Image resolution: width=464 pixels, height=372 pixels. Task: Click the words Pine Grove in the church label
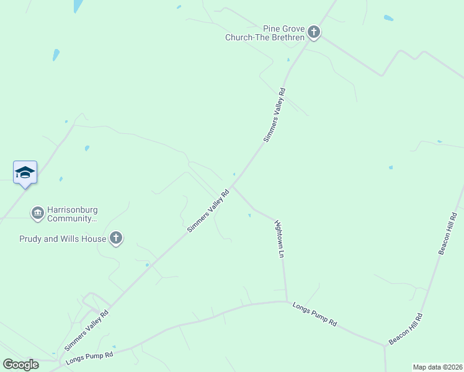[x=284, y=29]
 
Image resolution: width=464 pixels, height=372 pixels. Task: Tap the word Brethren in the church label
[x=287, y=37]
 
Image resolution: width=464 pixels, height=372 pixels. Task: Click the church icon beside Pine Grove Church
[x=314, y=32]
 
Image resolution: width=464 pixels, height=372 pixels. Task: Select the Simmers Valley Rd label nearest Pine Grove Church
[x=274, y=115]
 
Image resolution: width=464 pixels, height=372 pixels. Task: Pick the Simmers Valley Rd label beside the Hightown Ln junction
[x=208, y=211]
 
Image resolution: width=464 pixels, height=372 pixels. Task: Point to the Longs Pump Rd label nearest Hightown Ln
[x=315, y=314]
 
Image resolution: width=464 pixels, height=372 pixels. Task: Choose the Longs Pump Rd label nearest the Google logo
[x=90, y=358]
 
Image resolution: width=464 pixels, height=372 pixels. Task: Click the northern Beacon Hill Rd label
[x=447, y=233]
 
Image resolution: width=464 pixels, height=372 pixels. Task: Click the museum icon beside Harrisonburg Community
[x=37, y=213]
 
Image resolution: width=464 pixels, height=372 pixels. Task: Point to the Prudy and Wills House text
[x=62, y=238]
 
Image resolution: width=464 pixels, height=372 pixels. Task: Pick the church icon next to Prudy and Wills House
[x=116, y=237]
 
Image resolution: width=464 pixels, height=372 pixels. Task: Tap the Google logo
[x=20, y=365]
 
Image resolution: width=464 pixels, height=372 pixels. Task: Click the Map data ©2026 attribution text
[x=437, y=367]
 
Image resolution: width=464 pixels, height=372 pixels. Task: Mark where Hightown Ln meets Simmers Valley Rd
[x=233, y=186]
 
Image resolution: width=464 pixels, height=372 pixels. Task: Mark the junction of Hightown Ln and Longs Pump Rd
[x=286, y=302]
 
